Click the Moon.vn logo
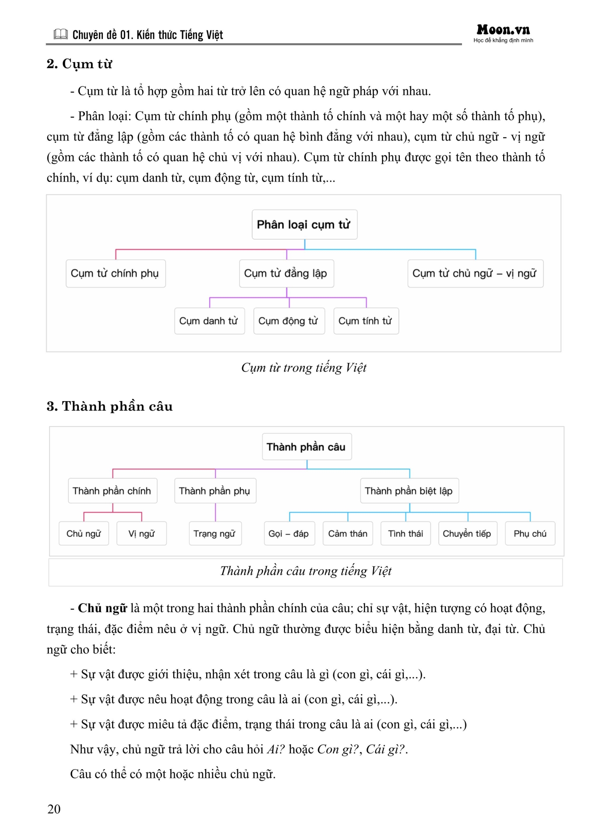pos(503,30)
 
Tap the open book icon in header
pos(60,34)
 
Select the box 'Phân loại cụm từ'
pos(304,224)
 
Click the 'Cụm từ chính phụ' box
pos(116,273)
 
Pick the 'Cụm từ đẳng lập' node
pos(286,273)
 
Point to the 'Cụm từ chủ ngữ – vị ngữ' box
pos(475,273)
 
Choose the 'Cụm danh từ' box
pos(209,321)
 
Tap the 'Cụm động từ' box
pos(289,321)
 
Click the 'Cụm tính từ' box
pos(366,321)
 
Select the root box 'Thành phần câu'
pos(307,447)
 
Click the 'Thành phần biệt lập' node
pos(409,491)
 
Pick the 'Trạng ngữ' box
pos(215,533)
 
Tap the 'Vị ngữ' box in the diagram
pos(141,533)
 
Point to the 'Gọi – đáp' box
pos(289,533)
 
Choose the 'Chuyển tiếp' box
pos(467,533)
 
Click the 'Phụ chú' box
pos(530,533)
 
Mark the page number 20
pos(54,809)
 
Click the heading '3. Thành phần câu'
pos(109,406)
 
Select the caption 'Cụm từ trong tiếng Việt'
pos(303,367)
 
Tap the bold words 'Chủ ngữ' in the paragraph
pos(102,608)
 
